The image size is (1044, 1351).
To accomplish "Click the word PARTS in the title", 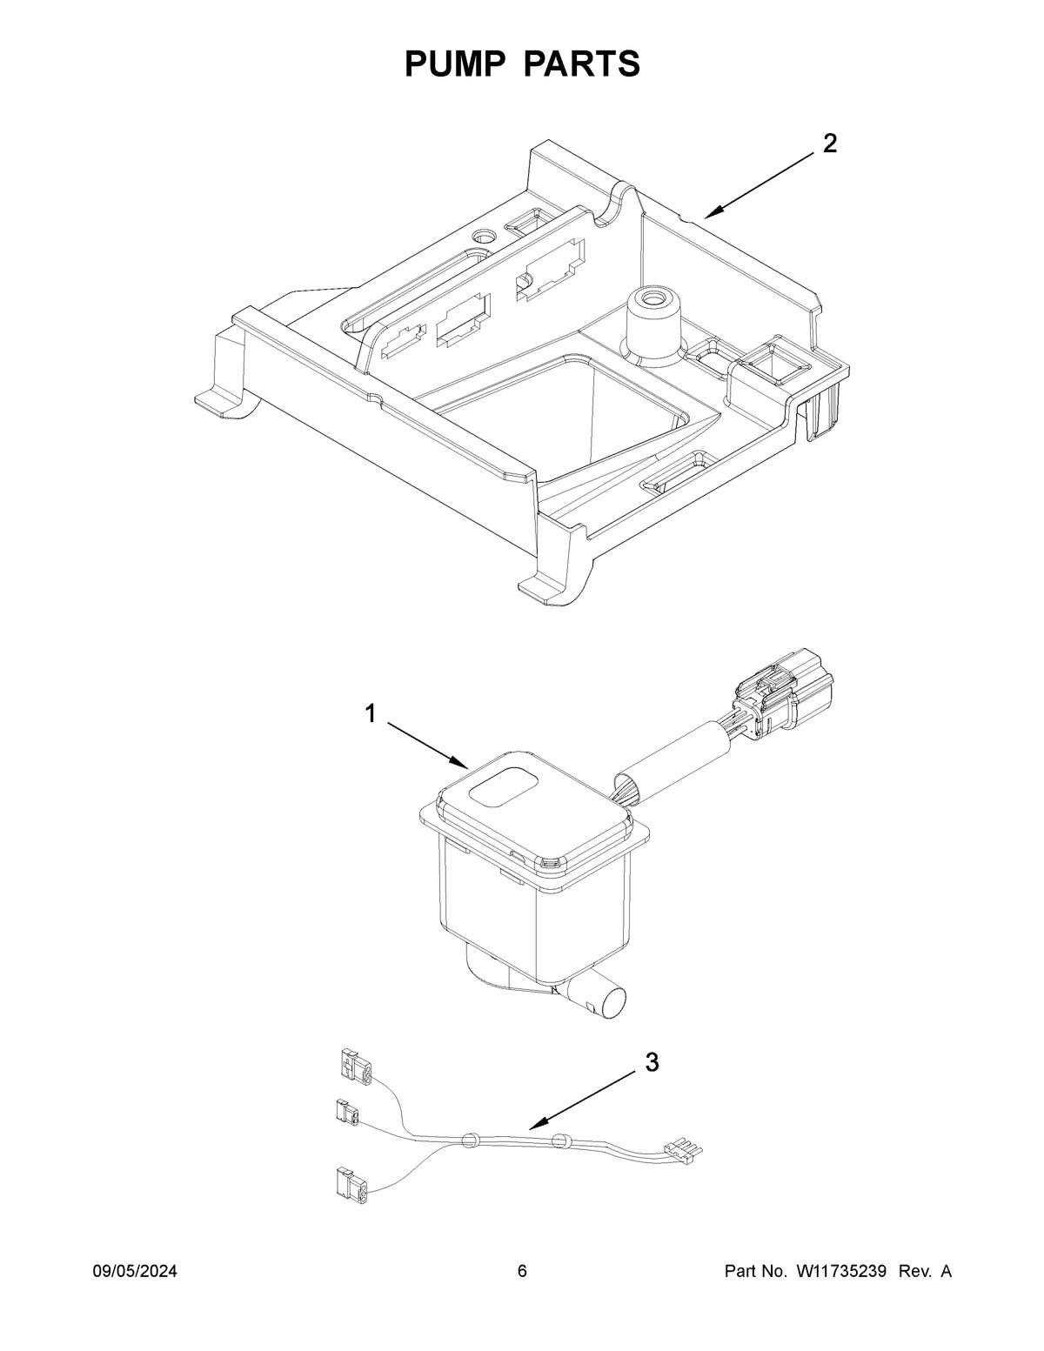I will click(x=582, y=64).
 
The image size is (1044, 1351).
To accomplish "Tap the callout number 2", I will click(x=830, y=144).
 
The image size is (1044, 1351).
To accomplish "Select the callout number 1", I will click(x=371, y=714).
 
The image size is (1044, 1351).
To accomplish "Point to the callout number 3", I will click(x=652, y=1062).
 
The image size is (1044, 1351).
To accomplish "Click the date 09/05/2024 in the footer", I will click(x=135, y=1272).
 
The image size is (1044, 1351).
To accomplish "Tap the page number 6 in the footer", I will click(x=522, y=1272).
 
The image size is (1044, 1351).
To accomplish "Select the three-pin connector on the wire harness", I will click(x=684, y=1149).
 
